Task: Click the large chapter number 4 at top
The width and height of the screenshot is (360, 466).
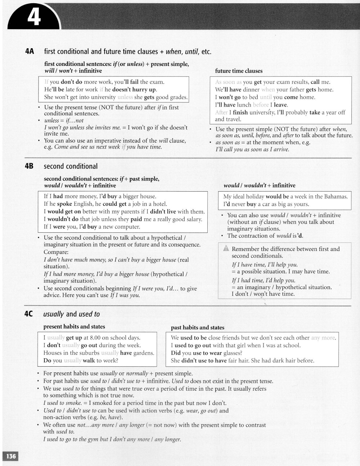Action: point(34,17)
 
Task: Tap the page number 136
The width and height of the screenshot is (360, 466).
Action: point(11,456)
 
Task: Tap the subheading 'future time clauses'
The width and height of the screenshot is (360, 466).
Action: point(239,71)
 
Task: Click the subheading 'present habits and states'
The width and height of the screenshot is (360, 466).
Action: point(74,327)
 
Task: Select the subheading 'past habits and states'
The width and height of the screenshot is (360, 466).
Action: point(197,327)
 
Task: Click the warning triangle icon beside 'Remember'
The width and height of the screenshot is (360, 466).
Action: point(226,248)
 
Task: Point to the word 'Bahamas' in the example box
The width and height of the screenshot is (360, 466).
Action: point(336,197)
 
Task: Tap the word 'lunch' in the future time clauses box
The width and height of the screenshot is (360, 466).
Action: point(244,105)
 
